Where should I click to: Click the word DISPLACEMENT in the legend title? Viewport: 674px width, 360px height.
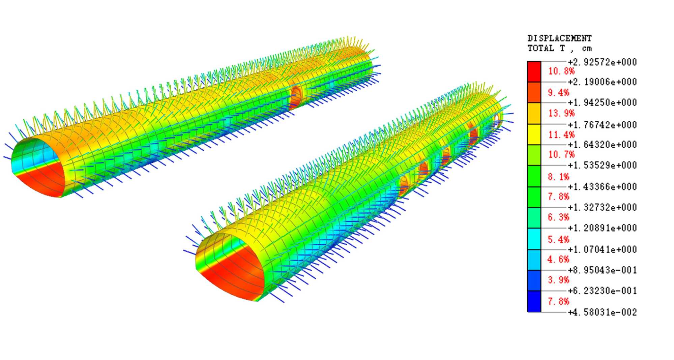click(x=559, y=38)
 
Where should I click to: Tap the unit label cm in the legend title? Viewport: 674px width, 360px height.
click(x=587, y=49)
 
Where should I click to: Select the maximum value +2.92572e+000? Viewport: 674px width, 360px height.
click(x=602, y=62)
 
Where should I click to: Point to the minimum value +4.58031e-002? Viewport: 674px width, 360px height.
click(x=602, y=312)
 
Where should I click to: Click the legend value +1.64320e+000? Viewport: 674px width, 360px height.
click(x=602, y=145)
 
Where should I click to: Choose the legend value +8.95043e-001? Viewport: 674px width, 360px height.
click(x=602, y=270)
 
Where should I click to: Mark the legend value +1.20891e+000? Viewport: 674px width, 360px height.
click(x=602, y=228)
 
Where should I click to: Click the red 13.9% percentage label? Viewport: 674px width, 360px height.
click(x=561, y=113)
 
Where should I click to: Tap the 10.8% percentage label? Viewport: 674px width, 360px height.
click(x=561, y=71)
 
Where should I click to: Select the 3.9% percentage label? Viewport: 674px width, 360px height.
click(x=558, y=280)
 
